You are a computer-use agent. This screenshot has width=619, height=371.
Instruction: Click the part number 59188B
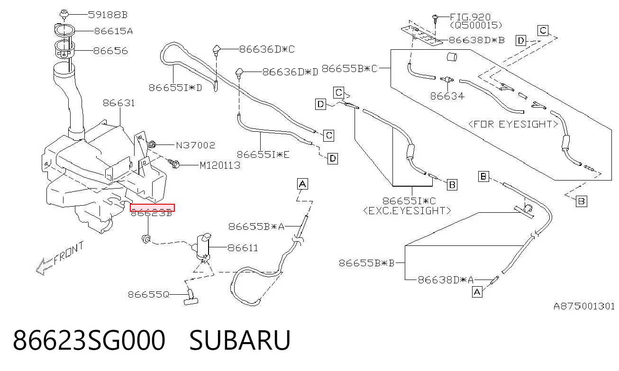[x=108, y=15]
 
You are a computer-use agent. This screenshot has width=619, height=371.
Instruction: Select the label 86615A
[x=114, y=31]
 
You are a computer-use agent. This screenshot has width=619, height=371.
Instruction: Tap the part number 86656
[x=110, y=51]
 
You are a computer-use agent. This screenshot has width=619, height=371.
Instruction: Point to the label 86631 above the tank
[x=119, y=103]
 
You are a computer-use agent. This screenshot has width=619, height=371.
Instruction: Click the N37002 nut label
[x=196, y=145]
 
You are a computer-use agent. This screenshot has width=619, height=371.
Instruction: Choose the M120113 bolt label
[x=220, y=165]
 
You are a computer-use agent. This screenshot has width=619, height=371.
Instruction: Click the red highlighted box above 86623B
[x=152, y=208]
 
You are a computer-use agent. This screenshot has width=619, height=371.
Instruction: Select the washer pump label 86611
[x=243, y=248]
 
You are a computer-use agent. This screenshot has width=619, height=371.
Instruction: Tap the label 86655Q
[x=148, y=295]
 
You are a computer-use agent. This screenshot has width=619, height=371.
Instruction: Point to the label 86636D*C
[x=267, y=49]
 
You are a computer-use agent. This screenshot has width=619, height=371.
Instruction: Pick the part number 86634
[x=447, y=96]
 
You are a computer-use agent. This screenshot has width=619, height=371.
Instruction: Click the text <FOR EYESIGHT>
[x=513, y=124]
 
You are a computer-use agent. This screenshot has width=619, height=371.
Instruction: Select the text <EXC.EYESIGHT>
[x=407, y=211]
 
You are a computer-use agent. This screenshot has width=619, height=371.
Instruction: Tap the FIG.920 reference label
[x=470, y=17]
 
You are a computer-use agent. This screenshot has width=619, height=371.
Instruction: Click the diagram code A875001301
[x=584, y=306]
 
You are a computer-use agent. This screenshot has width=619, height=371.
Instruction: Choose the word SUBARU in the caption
[x=240, y=340]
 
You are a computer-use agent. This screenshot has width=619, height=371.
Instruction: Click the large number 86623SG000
[x=89, y=340]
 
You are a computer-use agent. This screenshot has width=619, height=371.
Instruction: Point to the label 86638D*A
[x=446, y=280]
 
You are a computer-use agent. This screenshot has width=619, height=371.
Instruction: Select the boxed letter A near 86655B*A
[x=302, y=184]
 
